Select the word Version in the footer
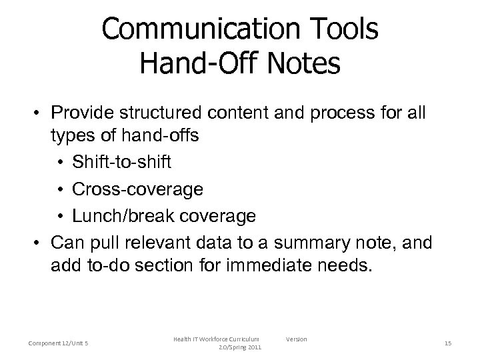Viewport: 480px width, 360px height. coord(297,339)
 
